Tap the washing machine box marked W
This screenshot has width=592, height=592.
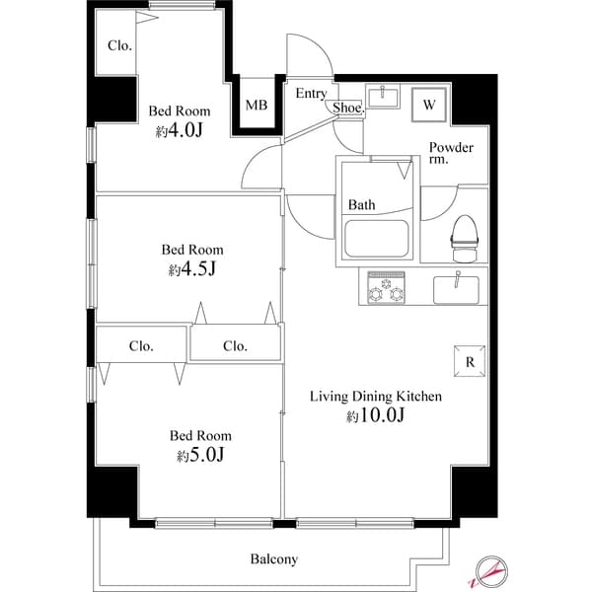click(429, 104)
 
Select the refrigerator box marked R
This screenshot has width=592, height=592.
click(469, 361)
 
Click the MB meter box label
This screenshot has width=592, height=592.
click(256, 105)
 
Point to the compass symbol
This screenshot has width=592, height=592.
click(492, 570)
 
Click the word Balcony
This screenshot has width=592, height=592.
click(273, 559)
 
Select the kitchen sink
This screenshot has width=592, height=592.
click(456, 289)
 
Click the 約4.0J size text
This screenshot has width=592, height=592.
click(179, 131)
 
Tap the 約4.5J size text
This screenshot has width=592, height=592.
click(192, 268)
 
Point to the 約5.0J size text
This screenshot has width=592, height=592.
click(201, 455)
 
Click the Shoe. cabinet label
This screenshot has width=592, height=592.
click(347, 108)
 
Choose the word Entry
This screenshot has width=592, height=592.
click(311, 94)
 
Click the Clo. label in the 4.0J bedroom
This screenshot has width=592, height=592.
click(120, 45)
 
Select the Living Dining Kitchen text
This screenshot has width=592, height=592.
click(376, 397)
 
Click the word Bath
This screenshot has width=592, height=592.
click(361, 205)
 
